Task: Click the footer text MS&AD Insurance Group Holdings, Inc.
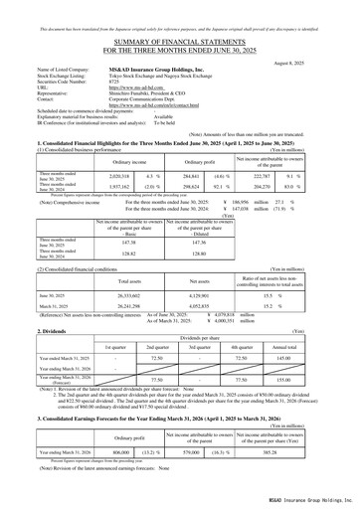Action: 303,499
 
